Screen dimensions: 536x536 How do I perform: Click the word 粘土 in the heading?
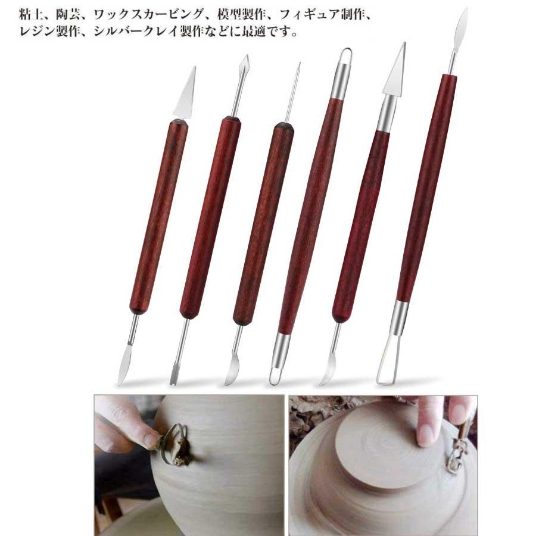pos(30,13)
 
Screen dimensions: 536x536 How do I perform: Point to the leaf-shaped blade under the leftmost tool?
pos(125,366)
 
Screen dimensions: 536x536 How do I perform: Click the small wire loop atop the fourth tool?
pos(345,57)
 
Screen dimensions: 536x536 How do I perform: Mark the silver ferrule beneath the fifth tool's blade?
pos(386,113)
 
